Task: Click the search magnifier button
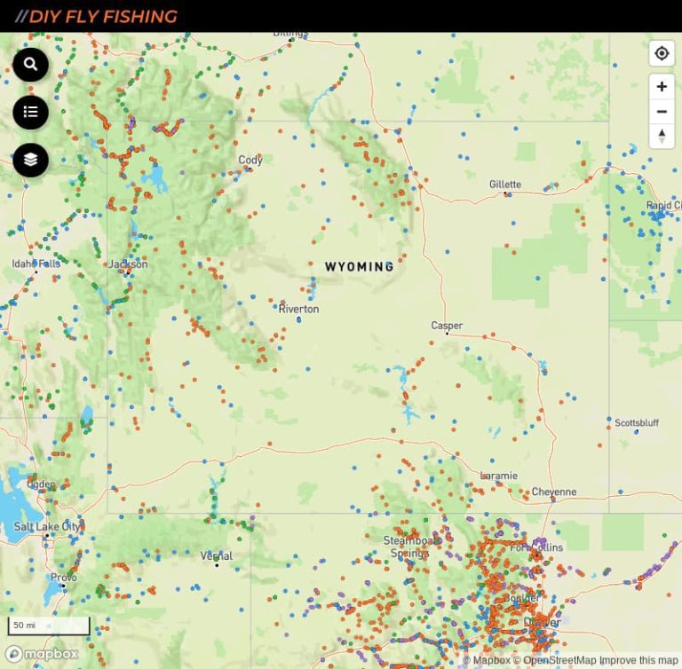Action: coord(31,64)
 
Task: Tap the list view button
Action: coord(31,112)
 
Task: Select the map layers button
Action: coord(31,160)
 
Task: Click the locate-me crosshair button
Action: coord(662,54)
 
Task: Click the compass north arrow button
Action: coord(662,136)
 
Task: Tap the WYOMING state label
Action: coord(359,266)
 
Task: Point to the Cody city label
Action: coord(250,161)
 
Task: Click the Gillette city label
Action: coord(505,185)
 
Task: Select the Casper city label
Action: coord(447,326)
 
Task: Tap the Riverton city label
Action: coord(298,309)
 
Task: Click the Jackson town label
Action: coord(128,264)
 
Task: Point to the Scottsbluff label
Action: coord(637,423)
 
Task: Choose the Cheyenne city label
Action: coord(554,492)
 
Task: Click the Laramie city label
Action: coord(498,476)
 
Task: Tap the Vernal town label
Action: coord(216,556)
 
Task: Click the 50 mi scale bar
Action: coord(49,626)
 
